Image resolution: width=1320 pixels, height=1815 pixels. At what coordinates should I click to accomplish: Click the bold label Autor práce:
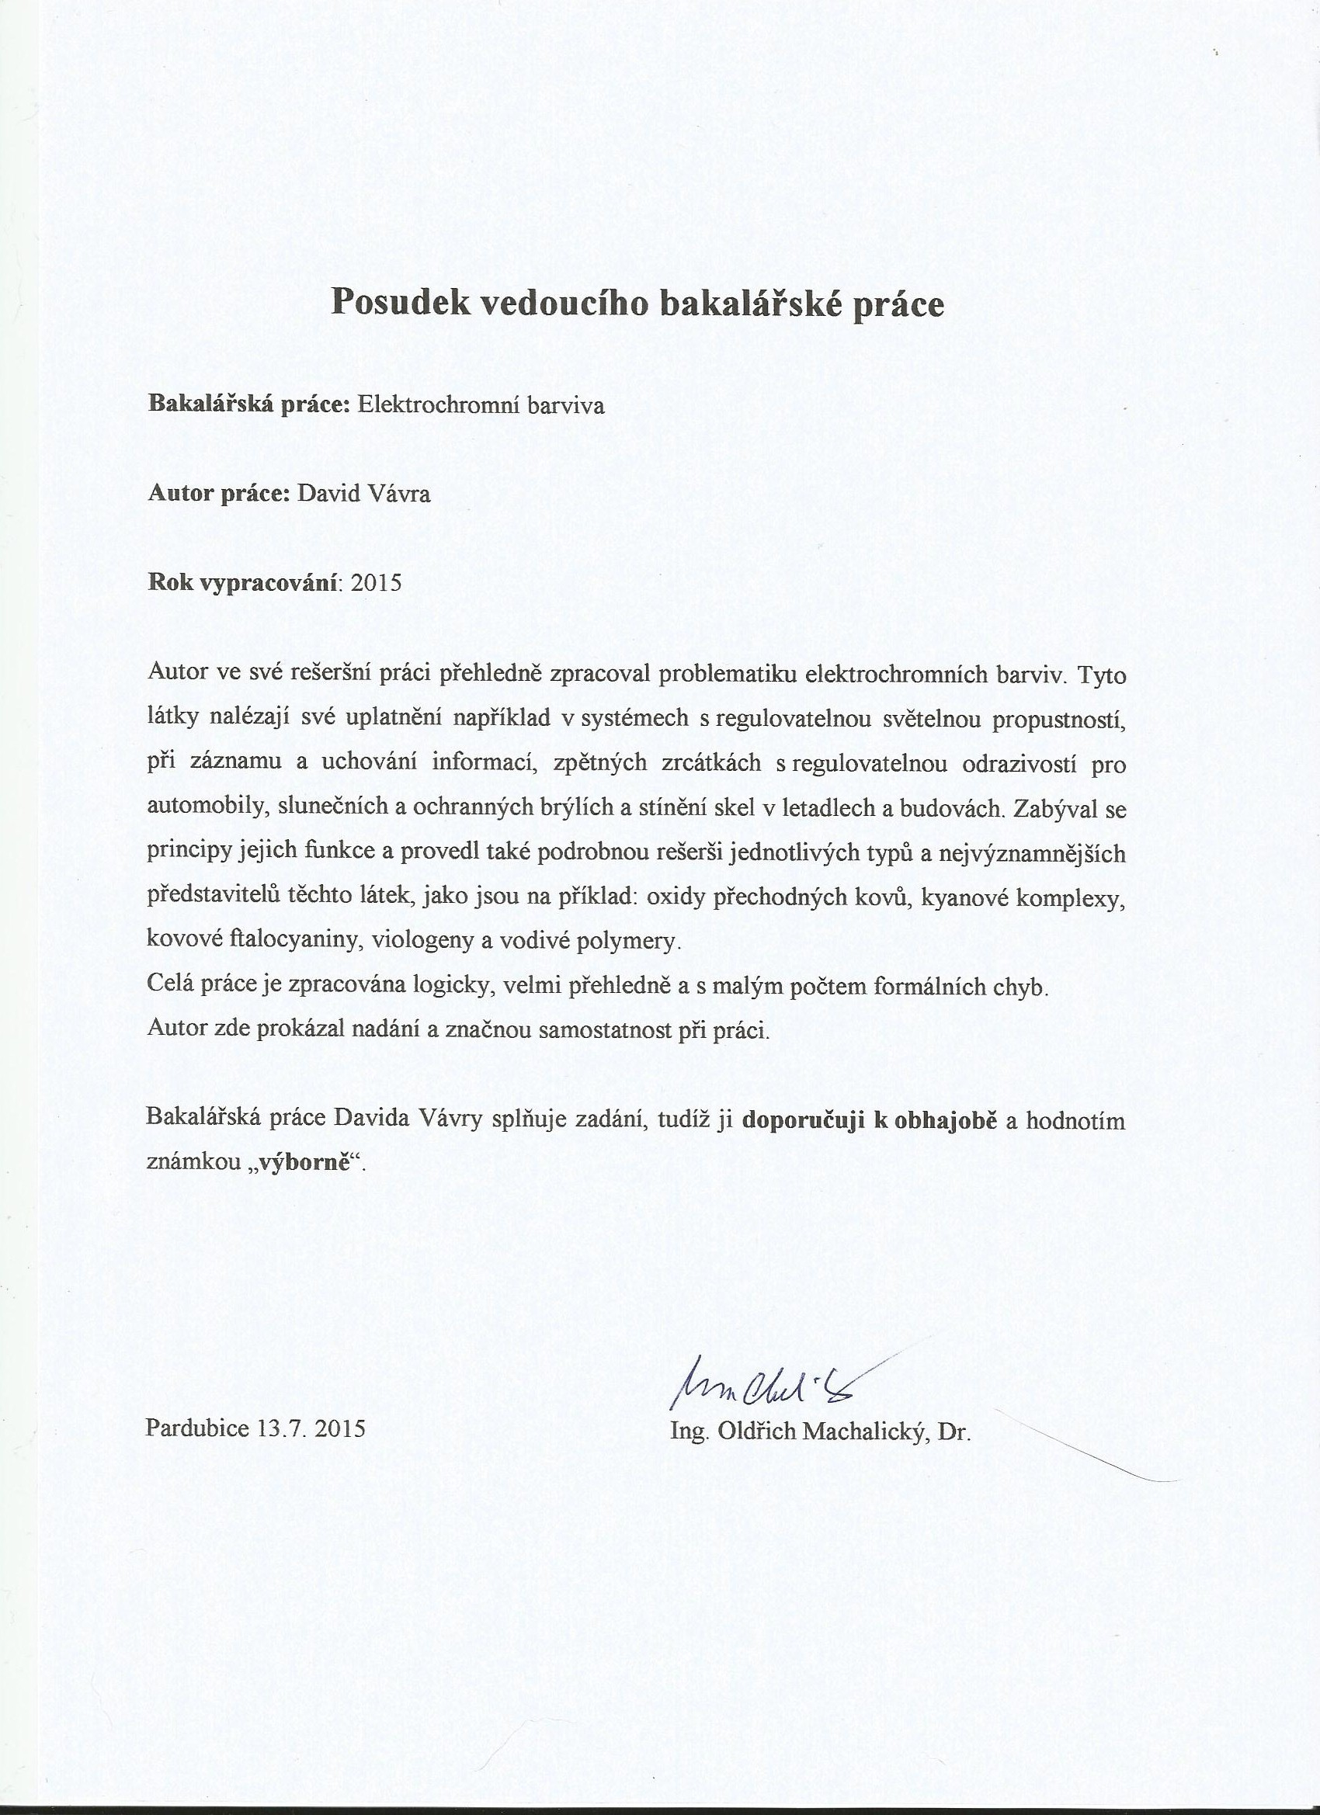point(218,494)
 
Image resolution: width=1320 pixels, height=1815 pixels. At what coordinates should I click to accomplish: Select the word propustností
point(1059,719)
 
